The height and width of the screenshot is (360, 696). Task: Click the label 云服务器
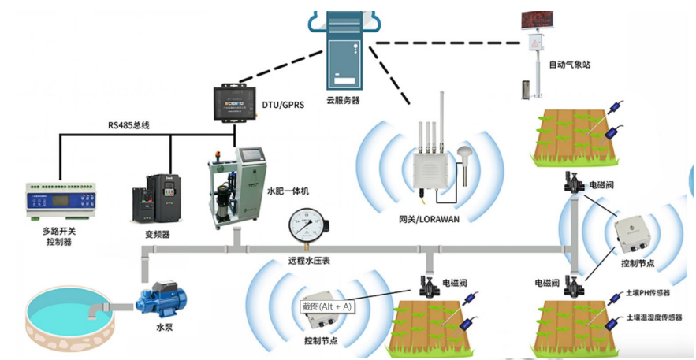(343, 100)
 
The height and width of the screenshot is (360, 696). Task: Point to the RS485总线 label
(128, 125)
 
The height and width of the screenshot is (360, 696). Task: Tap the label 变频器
(158, 234)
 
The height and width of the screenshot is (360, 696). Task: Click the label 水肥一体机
(288, 191)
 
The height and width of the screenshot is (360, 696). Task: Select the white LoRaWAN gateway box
(431, 170)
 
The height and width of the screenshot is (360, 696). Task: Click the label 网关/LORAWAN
(427, 218)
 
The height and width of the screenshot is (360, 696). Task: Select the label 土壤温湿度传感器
(653, 317)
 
